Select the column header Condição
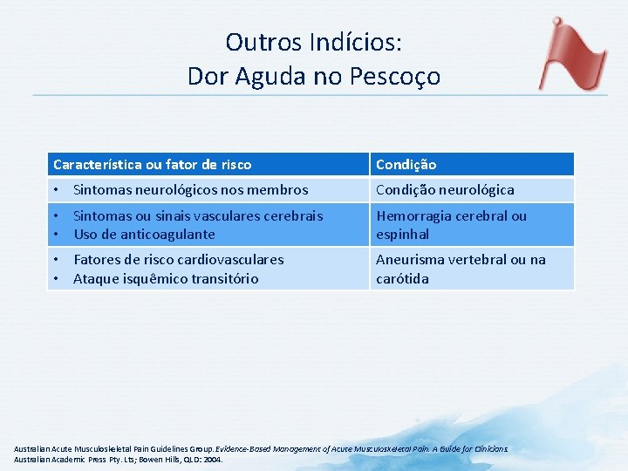tap(406, 164)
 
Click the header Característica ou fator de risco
tap(152, 164)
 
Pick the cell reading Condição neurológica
tap(445, 189)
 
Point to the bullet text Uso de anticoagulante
tap(144, 234)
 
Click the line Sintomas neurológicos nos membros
tap(190, 189)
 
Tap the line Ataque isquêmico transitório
tap(166, 278)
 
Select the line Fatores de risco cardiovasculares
tap(178, 259)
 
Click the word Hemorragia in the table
tap(411, 215)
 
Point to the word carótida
tap(402, 278)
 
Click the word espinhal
tap(402, 234)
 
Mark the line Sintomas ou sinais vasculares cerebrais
tap(198, 215)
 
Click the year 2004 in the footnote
tap(212, 459)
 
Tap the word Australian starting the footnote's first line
tap(33, 449)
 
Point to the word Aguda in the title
tap(266, 76)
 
